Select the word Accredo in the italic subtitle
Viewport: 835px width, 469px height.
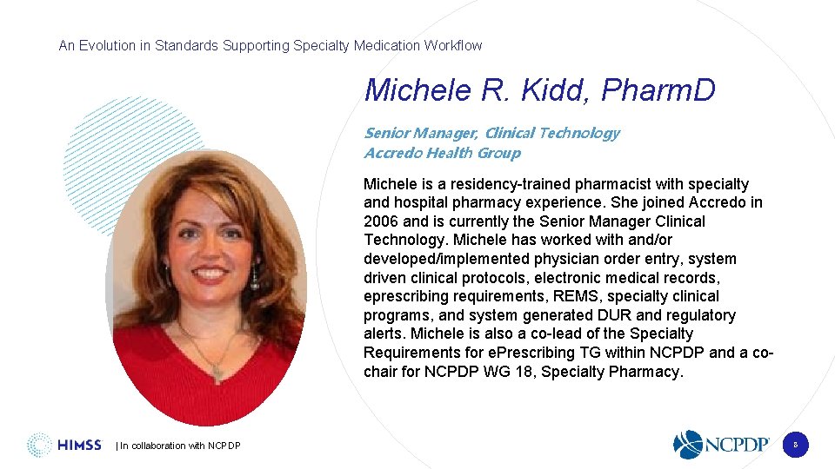click(x=391, y=153)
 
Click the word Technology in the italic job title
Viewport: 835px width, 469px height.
click(x=578, y=133)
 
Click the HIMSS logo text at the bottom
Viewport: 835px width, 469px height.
click(x=79, y=445)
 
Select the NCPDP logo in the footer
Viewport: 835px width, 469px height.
click(x=722, y=444)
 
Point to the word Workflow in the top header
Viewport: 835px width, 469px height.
click(x=452, y=45)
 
